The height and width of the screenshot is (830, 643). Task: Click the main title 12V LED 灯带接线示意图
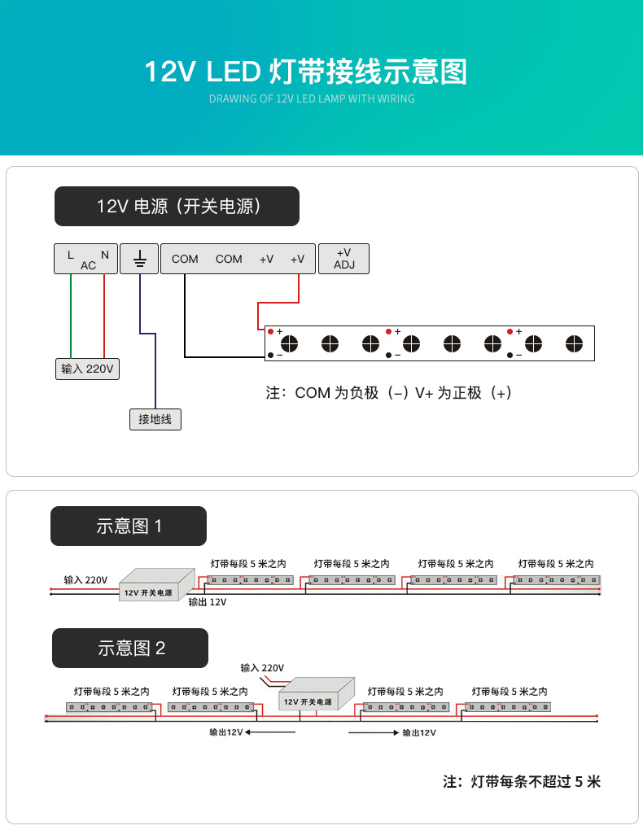click(306, 72)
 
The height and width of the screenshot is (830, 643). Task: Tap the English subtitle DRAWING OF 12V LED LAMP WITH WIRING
click(312, 99)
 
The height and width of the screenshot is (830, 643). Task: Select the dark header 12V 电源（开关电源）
click(177, 206)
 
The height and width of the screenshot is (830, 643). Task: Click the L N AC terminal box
click(86, 258)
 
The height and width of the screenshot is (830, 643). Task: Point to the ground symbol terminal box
click(139, 258)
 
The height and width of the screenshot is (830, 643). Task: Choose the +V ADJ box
click(343, 258)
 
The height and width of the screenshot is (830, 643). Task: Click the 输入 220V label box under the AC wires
click(88, 369)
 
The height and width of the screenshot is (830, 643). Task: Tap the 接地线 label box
click(155, 419)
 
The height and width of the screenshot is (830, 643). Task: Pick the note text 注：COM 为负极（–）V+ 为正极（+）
click(389, 393)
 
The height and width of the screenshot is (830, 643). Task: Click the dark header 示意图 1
click(129, 526)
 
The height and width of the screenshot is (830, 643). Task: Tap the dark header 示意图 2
click(130, 648)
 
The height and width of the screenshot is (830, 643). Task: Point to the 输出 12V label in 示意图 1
click(207, 602)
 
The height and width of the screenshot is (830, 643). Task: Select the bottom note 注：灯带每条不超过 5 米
click(521, 782)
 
